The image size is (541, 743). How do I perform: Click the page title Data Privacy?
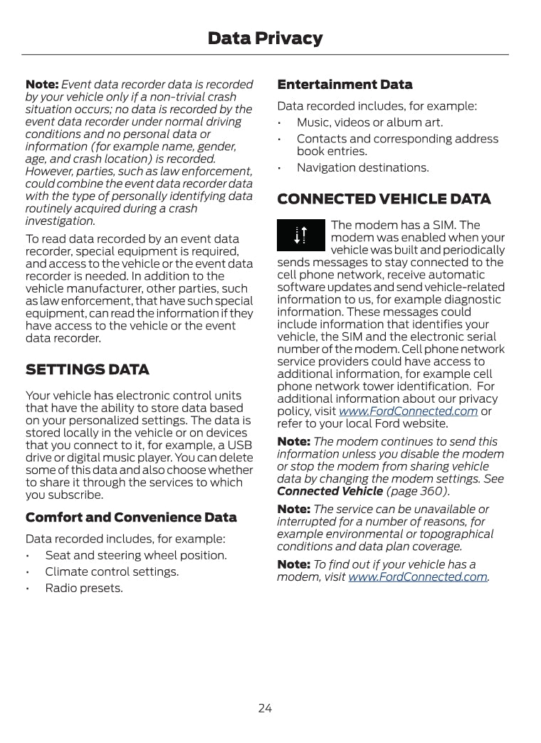tap(265, 38)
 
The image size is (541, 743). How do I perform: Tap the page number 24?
tap(265, 708)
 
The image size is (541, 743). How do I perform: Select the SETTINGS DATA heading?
tap(88, 370)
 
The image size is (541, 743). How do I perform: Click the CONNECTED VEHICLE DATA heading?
tap(384, 199)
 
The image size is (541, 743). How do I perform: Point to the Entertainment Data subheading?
tap(345, 85)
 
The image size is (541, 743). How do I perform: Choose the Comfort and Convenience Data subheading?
tap(131, 517)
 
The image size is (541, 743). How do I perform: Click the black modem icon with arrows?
tap(300, 236)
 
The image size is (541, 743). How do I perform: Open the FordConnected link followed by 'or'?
tap(408, 411)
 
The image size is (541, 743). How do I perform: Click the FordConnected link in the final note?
tap(417, 577)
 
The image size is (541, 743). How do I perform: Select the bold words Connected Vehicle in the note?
tap(330, 491)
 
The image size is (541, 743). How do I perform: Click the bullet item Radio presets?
tap(84, 588)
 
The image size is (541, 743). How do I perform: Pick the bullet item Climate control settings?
tap(112, 571)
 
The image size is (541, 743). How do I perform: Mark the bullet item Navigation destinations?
tap(362, 168)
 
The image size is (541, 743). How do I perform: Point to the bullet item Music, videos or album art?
tap(369, 122)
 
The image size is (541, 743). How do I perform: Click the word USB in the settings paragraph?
tap(239, 446)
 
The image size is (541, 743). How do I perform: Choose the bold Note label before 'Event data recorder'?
tap(41, 85)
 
